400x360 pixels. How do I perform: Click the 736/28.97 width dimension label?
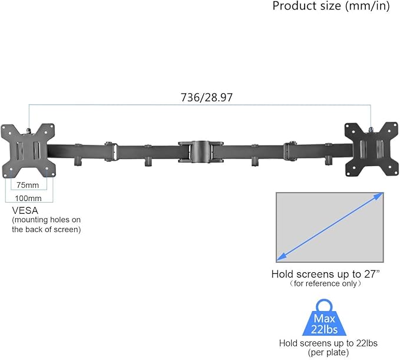pyautogui.click(x=207, y=97)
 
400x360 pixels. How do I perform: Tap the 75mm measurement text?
pyautogui.click(x=28, y=185)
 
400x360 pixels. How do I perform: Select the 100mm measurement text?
pyautogui.click(x=28, y=198)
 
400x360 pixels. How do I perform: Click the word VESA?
pyautogui.click(x=25, y=210)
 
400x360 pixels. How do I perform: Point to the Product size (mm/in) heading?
pyautogui.click(x=331, y=6)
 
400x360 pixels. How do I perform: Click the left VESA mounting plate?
pyautogui.click(x=28, y=151)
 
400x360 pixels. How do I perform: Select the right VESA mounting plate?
pyautogui.click(x=371, y=149)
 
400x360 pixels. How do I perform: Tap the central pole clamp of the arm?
pyautogui.click(x=201, y=152)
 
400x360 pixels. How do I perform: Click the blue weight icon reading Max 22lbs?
pyautogui.click(x=324, y=318)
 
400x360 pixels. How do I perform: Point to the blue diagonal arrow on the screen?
pyautogui.click(x=330, y=227)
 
